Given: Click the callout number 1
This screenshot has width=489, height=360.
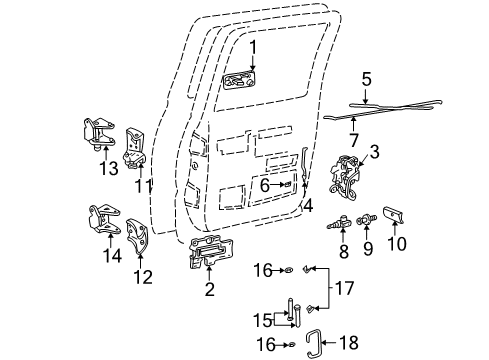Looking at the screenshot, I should (x=254, y=46).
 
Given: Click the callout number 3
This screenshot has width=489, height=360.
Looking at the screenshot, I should (x=375, y=151).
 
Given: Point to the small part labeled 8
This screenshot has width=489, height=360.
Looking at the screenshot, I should (x=342, y=222).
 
